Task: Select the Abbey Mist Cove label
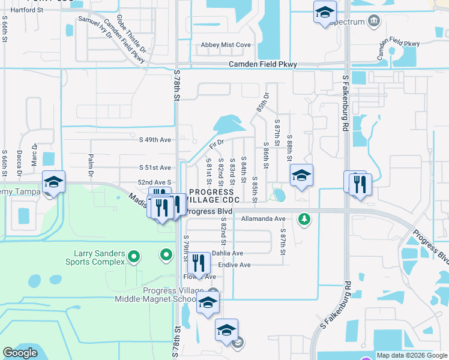pyautogui.click(x=226, y=45)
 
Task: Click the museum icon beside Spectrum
pyautogui.click(x=374, y=22)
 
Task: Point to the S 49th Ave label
pyautogui.click(x=155, y=140)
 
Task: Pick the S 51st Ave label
pyautogui.click(x=155, y=168)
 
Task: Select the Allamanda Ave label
pyautogui.click(x=263, y=218)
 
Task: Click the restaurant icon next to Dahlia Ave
pyautogui.click(x=196, y=263)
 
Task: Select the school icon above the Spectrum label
pyautogui.click(x=325, y=12)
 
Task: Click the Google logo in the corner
pyautogui.click(x=20, y=353)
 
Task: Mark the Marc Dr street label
pyautogui.click(x=34, y=154)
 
